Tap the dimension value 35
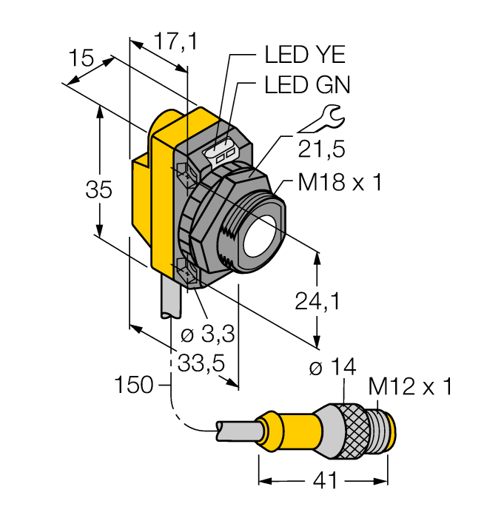tap(98, 189)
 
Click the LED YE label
tap(305, 55)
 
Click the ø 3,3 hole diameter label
tap(208, 334)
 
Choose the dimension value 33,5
tap(201, 364)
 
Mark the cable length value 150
tap(134, 386)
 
